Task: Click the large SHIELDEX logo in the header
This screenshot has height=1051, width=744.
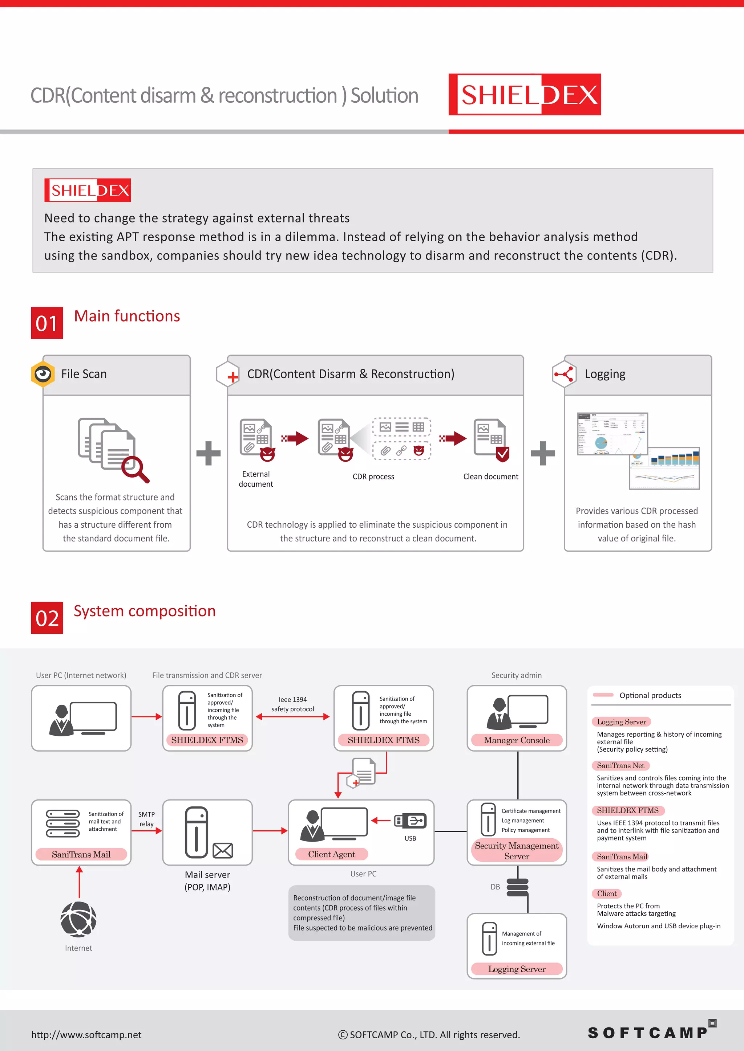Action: click(x=524, y=95)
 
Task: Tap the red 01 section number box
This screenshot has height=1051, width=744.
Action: click(x=47, y=323)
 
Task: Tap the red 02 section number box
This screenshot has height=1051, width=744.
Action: click(x=47, y=618)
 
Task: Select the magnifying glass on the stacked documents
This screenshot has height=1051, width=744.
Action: click(x=135, y=469)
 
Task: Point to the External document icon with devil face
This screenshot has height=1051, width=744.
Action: click(x=256, y=439)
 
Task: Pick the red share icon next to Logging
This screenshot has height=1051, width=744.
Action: click(x=563, y=374)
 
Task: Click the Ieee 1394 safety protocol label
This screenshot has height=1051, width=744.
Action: click(x=292, y=704)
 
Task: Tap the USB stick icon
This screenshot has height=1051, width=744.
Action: click(x=410, y=821)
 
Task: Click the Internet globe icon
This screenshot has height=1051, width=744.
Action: click(x=78, y=919)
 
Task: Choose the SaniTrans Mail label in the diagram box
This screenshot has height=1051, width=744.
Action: click(x=81, y=854)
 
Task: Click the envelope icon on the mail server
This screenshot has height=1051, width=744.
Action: click(x=223, y=851)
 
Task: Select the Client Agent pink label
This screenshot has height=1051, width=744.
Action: click(x=331, y=854)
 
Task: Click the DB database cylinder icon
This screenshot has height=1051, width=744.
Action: click(x=518, y=887)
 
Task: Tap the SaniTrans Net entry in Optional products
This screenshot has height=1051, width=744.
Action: click(x=620, y=765)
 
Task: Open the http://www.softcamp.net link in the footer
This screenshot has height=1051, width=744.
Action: click(x=86, y=1035)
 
